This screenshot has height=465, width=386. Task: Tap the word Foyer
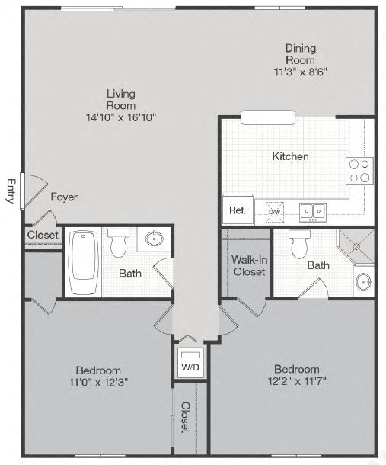[x=64, y=197]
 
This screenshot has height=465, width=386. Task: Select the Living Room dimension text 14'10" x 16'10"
[x=121, y=117]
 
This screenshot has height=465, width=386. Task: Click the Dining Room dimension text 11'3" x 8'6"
[x=301, y=72]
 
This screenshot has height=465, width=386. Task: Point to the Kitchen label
[x=291, y=156]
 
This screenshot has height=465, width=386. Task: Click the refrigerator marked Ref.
[x=238, y=210]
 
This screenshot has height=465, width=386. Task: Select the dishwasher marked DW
[x=273, y=210]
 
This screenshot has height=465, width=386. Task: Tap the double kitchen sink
[x=311, y=210]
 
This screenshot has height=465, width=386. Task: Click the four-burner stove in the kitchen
[x=359, y=171]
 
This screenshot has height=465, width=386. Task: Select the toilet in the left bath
[x=118, y=242]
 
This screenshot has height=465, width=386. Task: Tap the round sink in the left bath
[x=155, y=239]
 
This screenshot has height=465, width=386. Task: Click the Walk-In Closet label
[x=249, y=266]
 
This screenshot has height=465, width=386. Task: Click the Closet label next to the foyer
[x=43, y=236]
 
